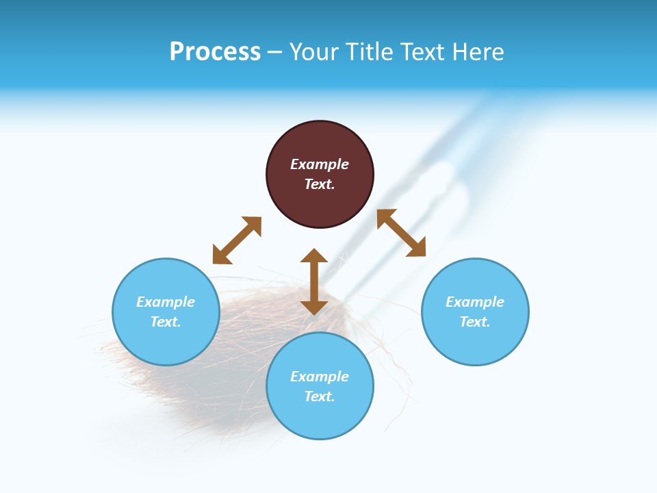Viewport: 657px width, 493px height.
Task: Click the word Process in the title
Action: coord(215,52)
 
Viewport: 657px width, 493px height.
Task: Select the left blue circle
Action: coord(166,342)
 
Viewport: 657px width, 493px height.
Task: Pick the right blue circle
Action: coord(475,342)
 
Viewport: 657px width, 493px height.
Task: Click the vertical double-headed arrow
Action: coord(314,281)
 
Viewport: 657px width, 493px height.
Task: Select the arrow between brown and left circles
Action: coord(237,240)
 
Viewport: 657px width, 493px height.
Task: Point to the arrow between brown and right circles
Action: coord(401,233)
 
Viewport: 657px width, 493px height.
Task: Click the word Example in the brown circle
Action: coord(320,164)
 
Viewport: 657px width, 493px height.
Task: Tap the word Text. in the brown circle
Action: coord(320,184)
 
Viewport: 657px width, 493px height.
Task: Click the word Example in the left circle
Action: coord(166,302)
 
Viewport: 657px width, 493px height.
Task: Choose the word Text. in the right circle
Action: coord(475,322)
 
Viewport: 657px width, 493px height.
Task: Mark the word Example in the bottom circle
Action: coord(320,377)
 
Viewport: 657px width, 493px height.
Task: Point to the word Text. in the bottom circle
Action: coord(320,396)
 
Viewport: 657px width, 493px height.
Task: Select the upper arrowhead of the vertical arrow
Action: coord(314,256)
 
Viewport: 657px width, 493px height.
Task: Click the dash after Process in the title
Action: coord(275,52)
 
